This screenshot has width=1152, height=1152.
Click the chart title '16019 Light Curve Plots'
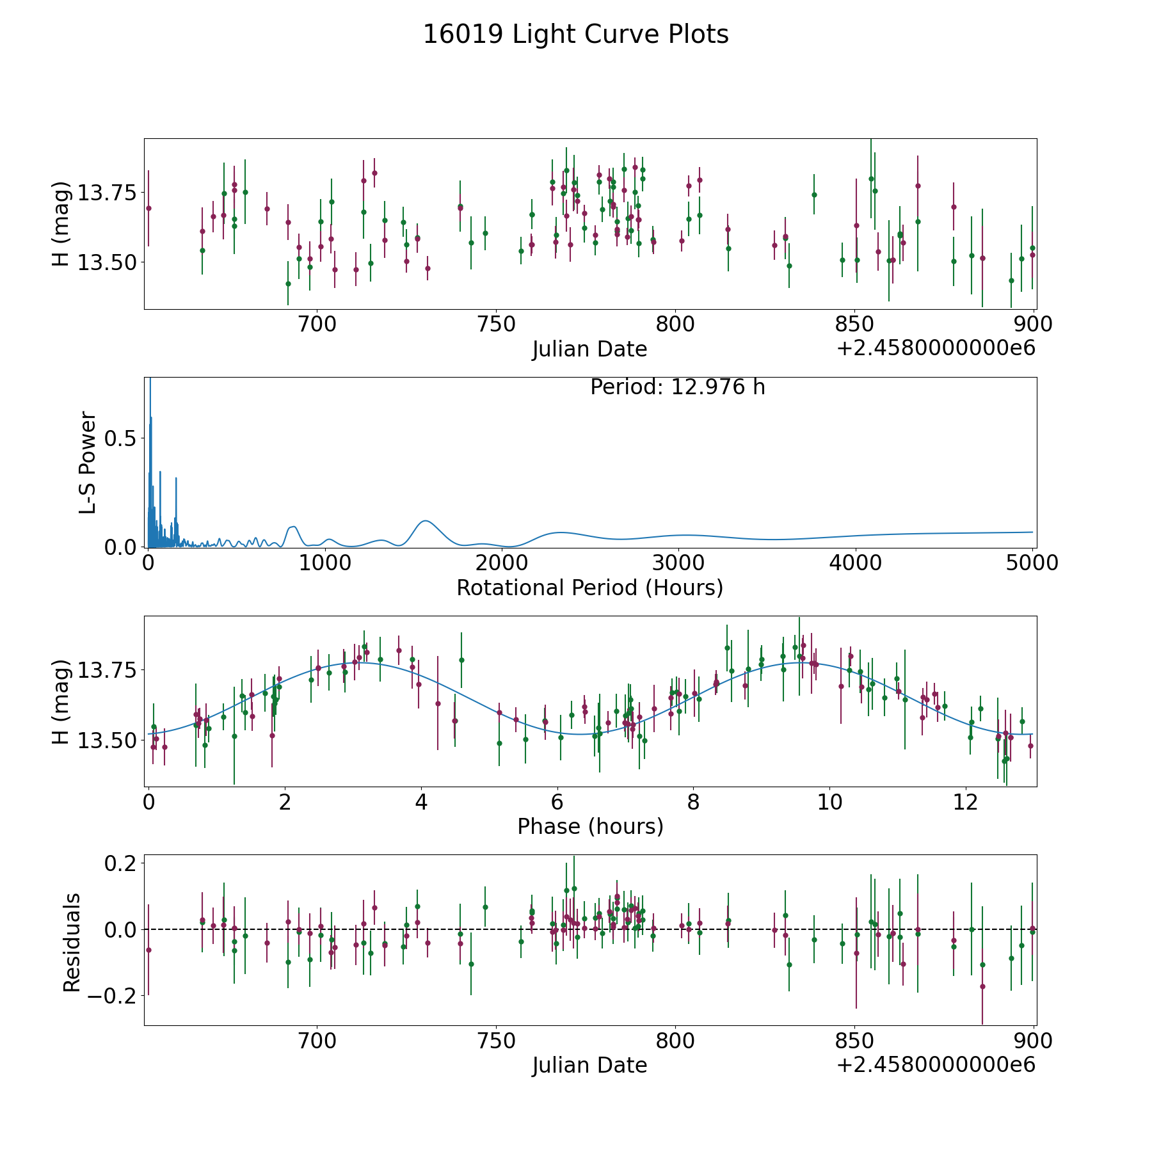(575, 35)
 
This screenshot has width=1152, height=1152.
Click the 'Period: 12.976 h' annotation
(677, 387)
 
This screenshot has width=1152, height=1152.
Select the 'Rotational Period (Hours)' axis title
(589, 588)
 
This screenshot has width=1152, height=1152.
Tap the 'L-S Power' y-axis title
(88, 462)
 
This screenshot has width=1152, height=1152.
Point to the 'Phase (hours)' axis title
(589, 826)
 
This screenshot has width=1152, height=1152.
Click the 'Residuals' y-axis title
(72, 942)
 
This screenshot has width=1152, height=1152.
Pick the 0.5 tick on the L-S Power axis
(122, 438)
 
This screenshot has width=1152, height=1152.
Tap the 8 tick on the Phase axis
(693, 802)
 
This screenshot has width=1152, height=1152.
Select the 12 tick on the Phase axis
(965, 802)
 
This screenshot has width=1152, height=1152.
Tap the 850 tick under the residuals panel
(855, 1041)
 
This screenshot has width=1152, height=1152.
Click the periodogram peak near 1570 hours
(426, 521)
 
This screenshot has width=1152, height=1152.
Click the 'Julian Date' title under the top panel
(589, 349)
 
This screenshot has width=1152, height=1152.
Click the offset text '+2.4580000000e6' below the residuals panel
(936, 1065)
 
